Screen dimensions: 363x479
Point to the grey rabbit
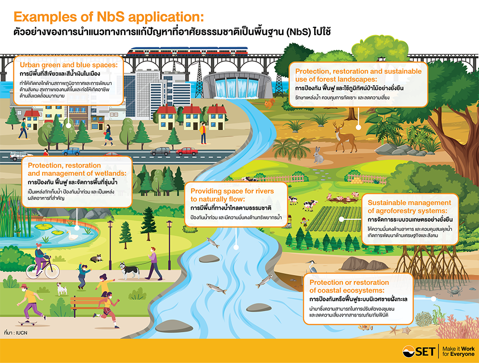(x=318, y=154)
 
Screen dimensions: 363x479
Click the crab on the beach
(x=453, y=291)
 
